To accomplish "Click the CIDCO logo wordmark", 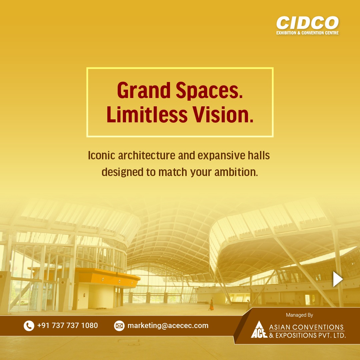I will point(307,23).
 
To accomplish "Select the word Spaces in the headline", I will point(208,90).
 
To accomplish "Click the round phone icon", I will point(29,326).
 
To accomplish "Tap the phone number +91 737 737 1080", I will point(68,325).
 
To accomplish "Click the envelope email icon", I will point(119,326).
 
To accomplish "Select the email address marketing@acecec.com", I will point(168,326).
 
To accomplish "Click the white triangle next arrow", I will point(337,279).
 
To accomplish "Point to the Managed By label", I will point(299,315).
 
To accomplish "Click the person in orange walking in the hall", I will point(211,305).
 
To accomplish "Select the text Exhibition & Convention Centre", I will point(307,33).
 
